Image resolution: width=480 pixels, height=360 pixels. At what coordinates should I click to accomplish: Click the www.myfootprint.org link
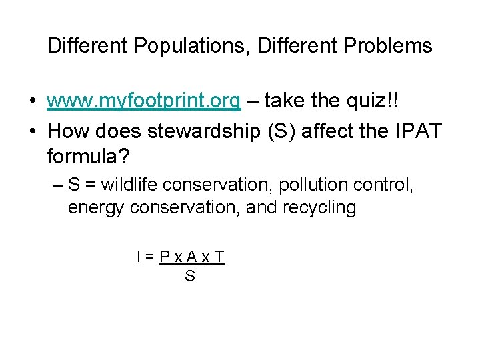point(144,101)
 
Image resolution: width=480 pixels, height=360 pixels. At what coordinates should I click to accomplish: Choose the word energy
point(97,208)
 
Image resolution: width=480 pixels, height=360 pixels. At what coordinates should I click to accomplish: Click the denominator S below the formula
point(190,275)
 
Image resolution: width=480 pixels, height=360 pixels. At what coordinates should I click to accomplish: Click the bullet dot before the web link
point(32,102)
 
